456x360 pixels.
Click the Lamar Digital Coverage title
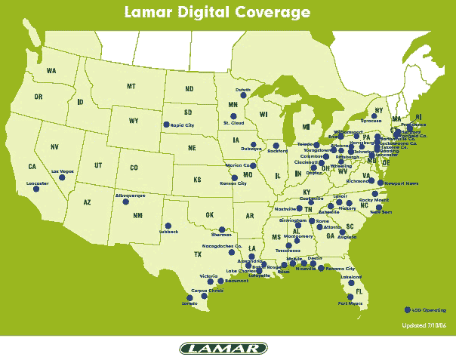[228, 12]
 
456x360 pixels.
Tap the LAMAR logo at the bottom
[223, 348]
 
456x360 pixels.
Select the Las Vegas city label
[63, 173]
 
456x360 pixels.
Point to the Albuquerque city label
[129, 195]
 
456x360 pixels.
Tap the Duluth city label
[242, 90]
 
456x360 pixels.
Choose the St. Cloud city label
[233, 122]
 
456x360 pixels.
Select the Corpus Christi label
[207, 290]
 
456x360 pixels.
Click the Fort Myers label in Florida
[350, 303]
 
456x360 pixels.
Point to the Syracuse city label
[371, 120]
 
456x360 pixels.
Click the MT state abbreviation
[131, 87]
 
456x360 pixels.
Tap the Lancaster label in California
[37, 183]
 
